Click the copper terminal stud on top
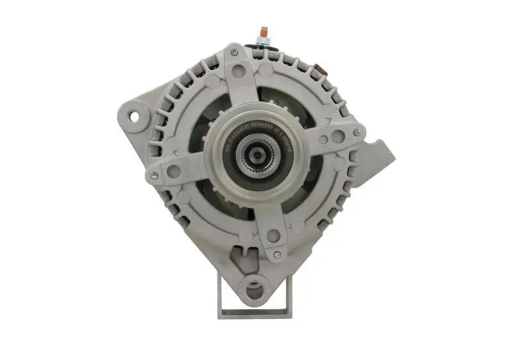[x=263, y=31]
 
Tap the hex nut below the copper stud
[x=263, y=40]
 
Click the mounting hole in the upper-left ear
[x=135, y=117]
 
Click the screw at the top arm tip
[x=235, y=52]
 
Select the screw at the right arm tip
[x=356, y=133]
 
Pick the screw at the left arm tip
[x=154, y=175]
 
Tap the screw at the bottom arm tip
[x=276, y=255]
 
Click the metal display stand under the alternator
[x=255, y=313]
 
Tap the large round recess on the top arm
[x=239, y=71]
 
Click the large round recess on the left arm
[x=174, y=171]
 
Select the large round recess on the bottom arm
[x=273, y=236]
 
